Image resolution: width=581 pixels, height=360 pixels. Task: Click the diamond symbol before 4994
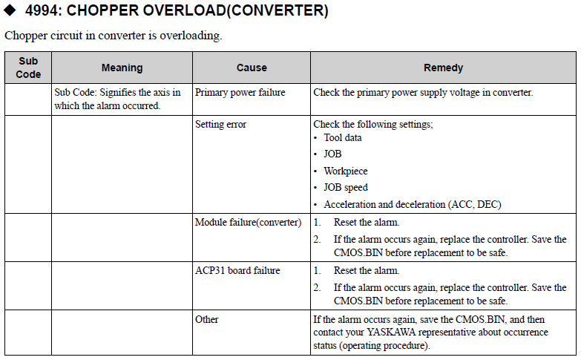tap(10, 12)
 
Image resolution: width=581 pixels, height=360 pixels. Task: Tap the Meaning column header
tap(122, 68)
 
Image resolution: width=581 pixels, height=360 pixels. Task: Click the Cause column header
tap(252, 68)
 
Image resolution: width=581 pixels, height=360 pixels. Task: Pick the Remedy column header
tap(443, 68)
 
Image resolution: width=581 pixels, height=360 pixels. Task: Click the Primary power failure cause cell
tap(240, 93)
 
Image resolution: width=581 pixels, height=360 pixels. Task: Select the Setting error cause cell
tap(220, 125)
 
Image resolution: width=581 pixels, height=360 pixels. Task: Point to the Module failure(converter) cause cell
tap(248, 223)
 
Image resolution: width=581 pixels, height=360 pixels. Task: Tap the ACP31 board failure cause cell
tap(237, 271)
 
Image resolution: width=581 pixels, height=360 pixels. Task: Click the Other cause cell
tap(207, 319)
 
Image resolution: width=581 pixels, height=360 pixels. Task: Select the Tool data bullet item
tap(342, 138)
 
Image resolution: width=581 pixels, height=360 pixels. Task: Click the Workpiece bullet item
tap(345, 171)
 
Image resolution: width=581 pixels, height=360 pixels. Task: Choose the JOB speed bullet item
tap(345, 187)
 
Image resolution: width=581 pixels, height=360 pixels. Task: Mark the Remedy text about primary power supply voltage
tap(423, 93)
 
